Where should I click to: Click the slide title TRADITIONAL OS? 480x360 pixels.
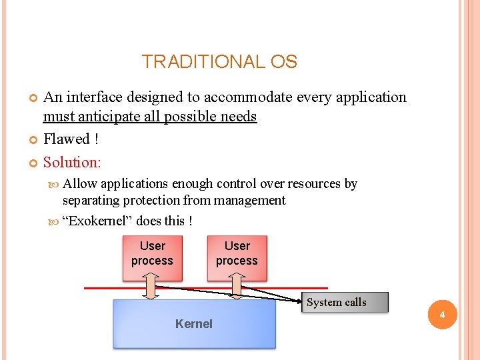coord(219,62)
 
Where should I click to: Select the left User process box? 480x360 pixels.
coord(152,254)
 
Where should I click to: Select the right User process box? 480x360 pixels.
coord(237,254)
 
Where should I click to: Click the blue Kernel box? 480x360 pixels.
coord(194,324)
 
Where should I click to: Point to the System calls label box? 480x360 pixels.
coord(336,302)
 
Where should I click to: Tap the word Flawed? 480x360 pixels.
coord(66,139)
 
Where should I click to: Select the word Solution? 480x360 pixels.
coord(72,162)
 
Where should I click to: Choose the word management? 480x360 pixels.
coord(249,201)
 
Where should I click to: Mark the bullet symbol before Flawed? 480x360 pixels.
coord(35,140)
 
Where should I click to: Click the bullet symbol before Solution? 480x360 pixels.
coord(35,163)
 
